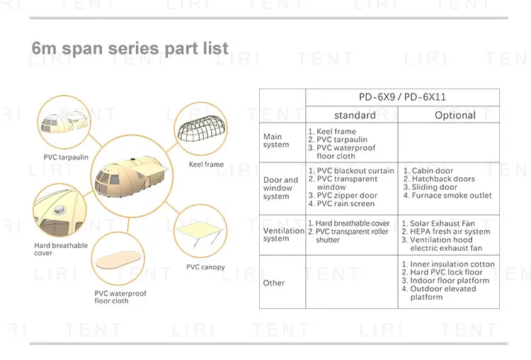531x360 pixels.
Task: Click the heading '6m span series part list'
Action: (130, 49)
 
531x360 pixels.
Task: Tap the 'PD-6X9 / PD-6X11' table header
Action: (402, 97)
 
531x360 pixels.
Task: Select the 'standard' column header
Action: (355, 115)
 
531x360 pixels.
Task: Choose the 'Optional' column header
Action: (455, 115)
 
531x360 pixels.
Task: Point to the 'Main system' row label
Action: (276, 140)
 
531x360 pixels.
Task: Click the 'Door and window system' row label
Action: (280, 188)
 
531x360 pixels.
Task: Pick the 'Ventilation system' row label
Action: (283, 235)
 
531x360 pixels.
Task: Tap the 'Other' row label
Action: (274, 283)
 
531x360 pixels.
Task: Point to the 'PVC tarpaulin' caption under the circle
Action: (66, 157)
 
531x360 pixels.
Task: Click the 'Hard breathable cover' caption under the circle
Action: (61, 249)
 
